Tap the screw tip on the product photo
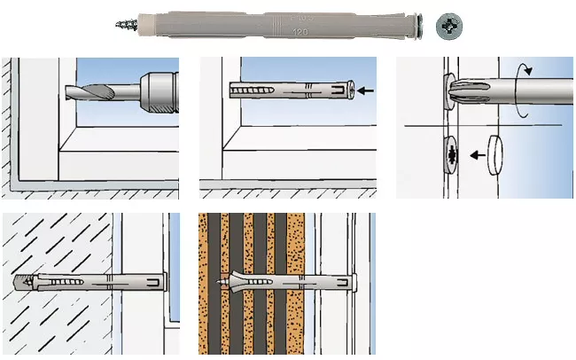pyautogui.click(x=121, y=25)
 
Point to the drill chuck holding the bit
pyautogui.click(x=155, y=89)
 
